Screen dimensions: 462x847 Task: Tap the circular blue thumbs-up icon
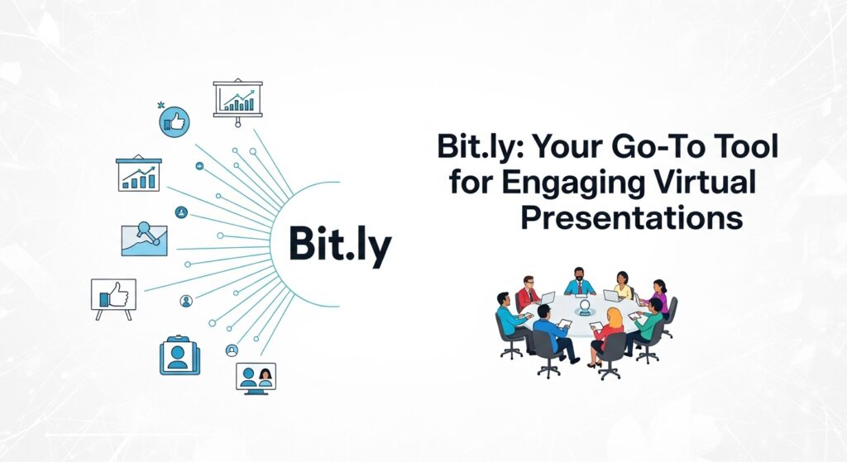tap(175, 121)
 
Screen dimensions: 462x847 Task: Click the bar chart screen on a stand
tap(237, 99)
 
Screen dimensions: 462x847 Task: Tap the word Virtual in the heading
tap(712, 183)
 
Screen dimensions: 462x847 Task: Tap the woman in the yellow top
tap(623, 285)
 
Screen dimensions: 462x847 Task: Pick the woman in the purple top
tap(659, 296)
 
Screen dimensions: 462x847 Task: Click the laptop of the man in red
tap(547, 298)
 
